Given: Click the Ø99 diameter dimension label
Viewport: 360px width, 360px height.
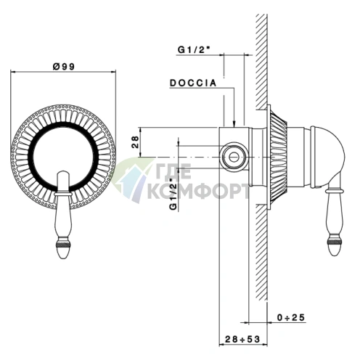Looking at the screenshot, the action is pyautogui.click(x=64, y=66).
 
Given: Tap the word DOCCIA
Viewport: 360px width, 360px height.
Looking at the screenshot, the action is pyautogui.click(x=193, y=83).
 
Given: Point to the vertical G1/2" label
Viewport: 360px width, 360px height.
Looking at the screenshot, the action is pyautogui.click(x=174, y=194).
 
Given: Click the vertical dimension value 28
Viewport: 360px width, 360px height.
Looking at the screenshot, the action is pyautogui.click(x=136, y=142).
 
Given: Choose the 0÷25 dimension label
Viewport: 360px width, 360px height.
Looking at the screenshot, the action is pyautogui.click(x=291, y=317).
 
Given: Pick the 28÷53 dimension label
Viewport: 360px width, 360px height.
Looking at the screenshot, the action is pyautogui.click(x=242, y=339).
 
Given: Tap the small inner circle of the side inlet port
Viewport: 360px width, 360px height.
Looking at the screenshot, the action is pyautogui.click(x=234, y=157).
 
